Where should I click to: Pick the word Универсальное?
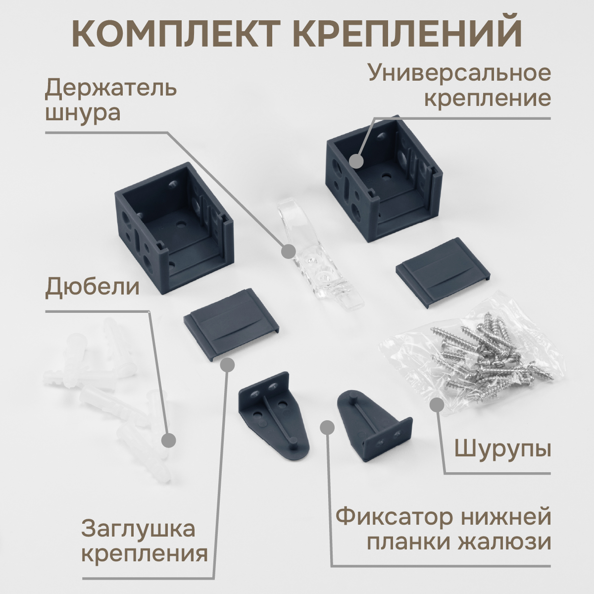coord(459,73)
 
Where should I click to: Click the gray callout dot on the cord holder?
coord(289,252)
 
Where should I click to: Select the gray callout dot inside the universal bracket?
coord(356,161)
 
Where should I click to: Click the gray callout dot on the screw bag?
coord(437,405)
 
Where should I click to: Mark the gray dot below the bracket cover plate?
coord(228,365)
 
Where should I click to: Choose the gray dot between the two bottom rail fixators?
coord(327,428)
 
